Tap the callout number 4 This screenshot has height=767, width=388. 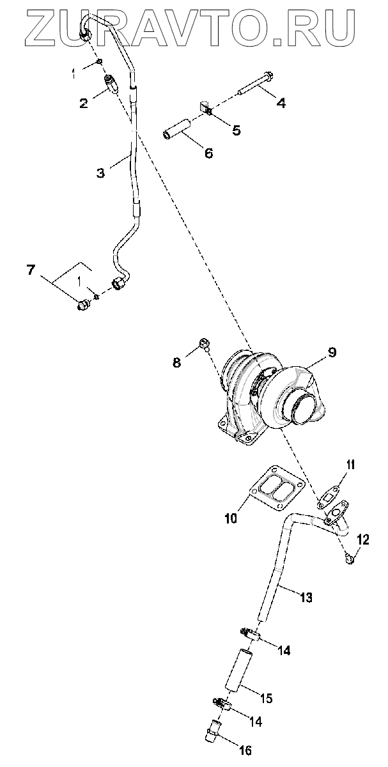[281, 101]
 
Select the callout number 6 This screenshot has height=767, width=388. [208, 153]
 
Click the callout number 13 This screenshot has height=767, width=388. [306, 598]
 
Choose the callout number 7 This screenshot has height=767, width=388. [30, 270]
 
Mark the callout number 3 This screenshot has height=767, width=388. [100, 173]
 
